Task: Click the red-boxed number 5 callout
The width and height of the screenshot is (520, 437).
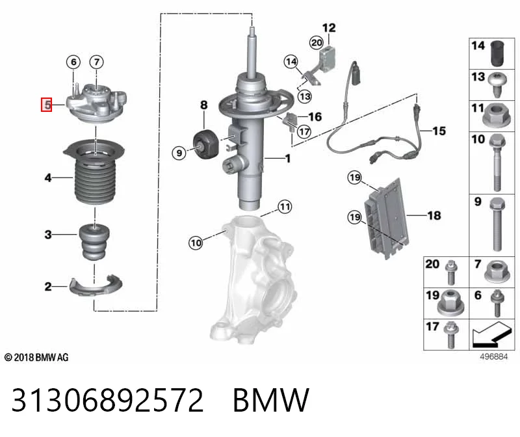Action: [x=46, y=105]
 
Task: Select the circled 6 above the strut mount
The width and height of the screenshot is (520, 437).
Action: [x=73, y=62]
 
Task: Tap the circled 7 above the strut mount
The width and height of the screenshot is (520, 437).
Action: [x=96, y=62]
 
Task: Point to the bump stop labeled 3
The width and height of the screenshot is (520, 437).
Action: [x=94, y=242]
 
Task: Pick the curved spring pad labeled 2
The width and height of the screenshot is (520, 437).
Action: [x=96, y=285]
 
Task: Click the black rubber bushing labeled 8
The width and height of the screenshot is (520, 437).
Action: [x=205, y=144]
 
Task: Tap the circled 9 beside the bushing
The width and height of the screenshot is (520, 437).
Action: [x=179, y=153]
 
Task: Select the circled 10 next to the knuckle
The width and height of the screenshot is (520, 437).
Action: [x=196, y=243]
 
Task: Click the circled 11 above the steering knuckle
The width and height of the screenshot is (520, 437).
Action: [x=285, y=207]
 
